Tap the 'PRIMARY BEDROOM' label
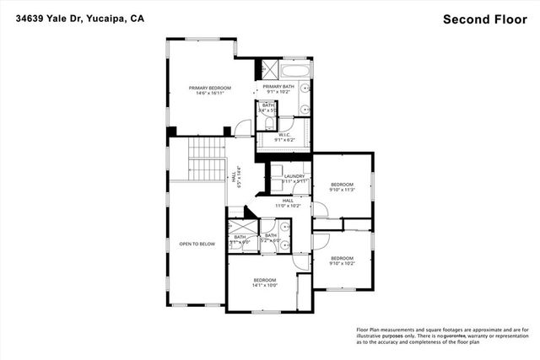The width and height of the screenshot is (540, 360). (209, 87)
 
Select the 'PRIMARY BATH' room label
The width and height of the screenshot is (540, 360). (278, 87)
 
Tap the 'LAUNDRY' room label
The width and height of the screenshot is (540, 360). (294, 176)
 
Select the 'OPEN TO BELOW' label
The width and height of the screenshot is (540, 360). (197, 244)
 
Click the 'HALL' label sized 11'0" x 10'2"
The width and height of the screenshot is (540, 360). (288, 200)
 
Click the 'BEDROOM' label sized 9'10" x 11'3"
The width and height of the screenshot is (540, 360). (342, 184)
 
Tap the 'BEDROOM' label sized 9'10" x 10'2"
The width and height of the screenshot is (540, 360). (342, 257)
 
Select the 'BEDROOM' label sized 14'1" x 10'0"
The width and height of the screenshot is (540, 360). (264, 279)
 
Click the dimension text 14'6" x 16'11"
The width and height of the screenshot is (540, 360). (209, 93)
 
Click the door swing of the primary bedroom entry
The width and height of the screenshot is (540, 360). (242, 127)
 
